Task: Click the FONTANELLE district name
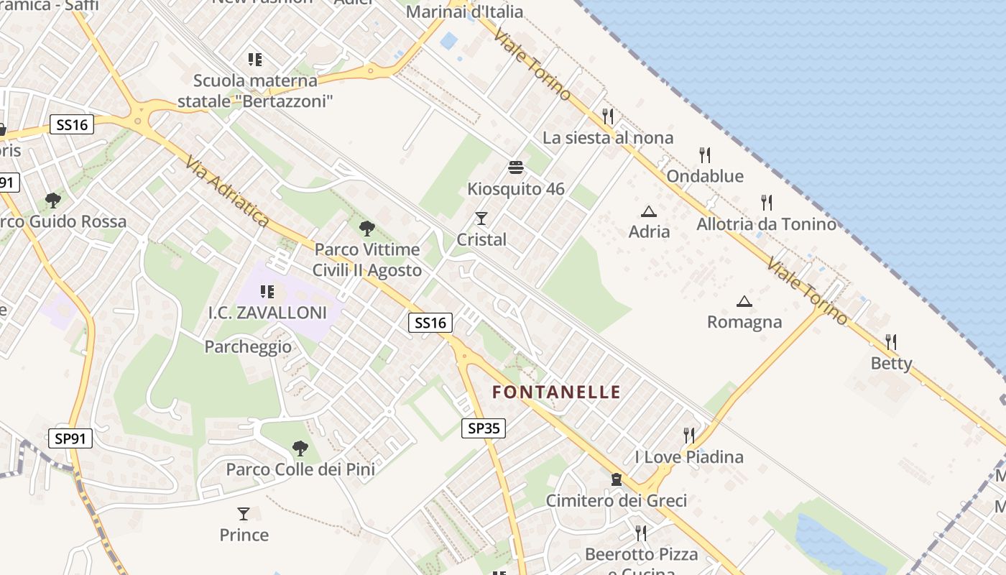pos(556,392)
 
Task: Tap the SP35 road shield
pos(483,428)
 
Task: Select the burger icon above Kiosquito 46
pos(516,168)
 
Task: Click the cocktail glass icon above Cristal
pos(481,218)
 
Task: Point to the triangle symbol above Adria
pos(649,211)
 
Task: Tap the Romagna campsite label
pos(744,321)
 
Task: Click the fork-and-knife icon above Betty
pos(891,341)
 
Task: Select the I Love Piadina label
pos(689,456)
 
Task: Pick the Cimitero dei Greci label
pos(617,500)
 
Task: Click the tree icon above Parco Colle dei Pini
pos(300,448)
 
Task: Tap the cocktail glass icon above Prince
pos(244,514)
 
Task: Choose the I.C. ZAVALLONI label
pos(267,313)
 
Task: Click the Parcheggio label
pos(248,347)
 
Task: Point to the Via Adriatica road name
pos(226,192)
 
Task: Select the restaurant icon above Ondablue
pos(705,155)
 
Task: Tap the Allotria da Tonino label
pos(766,224)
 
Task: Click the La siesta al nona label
pos(608,137)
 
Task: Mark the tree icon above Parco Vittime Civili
pos(367,229)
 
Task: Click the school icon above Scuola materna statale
pos(254,59)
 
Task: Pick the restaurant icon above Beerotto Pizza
pos(641,533)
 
